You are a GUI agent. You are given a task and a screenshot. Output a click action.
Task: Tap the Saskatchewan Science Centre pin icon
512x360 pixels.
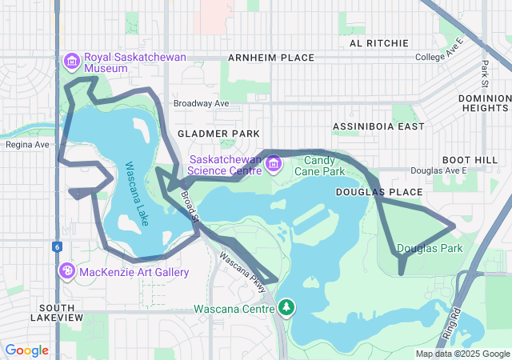tap(274, 165)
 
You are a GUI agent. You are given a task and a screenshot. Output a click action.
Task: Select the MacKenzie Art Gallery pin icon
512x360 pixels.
tap(66, 272)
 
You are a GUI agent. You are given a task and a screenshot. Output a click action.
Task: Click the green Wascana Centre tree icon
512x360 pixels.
tap(286, 308)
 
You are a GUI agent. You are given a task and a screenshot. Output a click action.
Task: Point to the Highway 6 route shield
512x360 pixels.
tap(58, 246)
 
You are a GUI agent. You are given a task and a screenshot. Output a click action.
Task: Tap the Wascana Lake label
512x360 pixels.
tap(136, 194)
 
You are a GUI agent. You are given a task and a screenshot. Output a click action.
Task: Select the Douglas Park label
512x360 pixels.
tap(430, 249)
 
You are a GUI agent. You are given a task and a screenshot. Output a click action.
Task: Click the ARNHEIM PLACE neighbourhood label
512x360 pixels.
tap(271, 58)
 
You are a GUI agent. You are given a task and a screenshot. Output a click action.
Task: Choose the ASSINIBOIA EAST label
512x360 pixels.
tap(378, 126)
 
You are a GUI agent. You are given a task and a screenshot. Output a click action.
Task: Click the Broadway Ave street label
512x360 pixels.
tap(202, 103)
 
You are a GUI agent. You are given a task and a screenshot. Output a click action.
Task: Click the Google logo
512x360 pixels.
tap(26, 350)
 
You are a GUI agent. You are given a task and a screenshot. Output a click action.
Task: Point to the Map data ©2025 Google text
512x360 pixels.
tap(462, 354)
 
